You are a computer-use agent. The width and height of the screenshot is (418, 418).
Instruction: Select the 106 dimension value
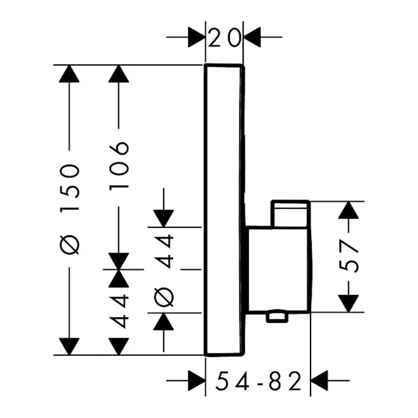(x=120, y=164)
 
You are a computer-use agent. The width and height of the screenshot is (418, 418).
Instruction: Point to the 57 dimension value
(x=352, y=256)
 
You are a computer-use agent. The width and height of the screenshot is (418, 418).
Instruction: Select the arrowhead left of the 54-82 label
(x=196, y=379)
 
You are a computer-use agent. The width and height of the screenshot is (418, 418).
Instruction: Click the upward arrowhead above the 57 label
(x=352, y=211)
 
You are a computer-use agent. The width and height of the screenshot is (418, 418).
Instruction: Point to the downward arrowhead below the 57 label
(x=352, y=302)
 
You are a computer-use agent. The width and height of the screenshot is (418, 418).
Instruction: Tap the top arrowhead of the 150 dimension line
(x=70, y=74)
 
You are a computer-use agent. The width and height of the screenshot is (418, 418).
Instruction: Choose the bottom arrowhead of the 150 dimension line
(x=70, y=346)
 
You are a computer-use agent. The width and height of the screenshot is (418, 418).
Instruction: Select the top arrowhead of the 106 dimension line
(x=120, y=74)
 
